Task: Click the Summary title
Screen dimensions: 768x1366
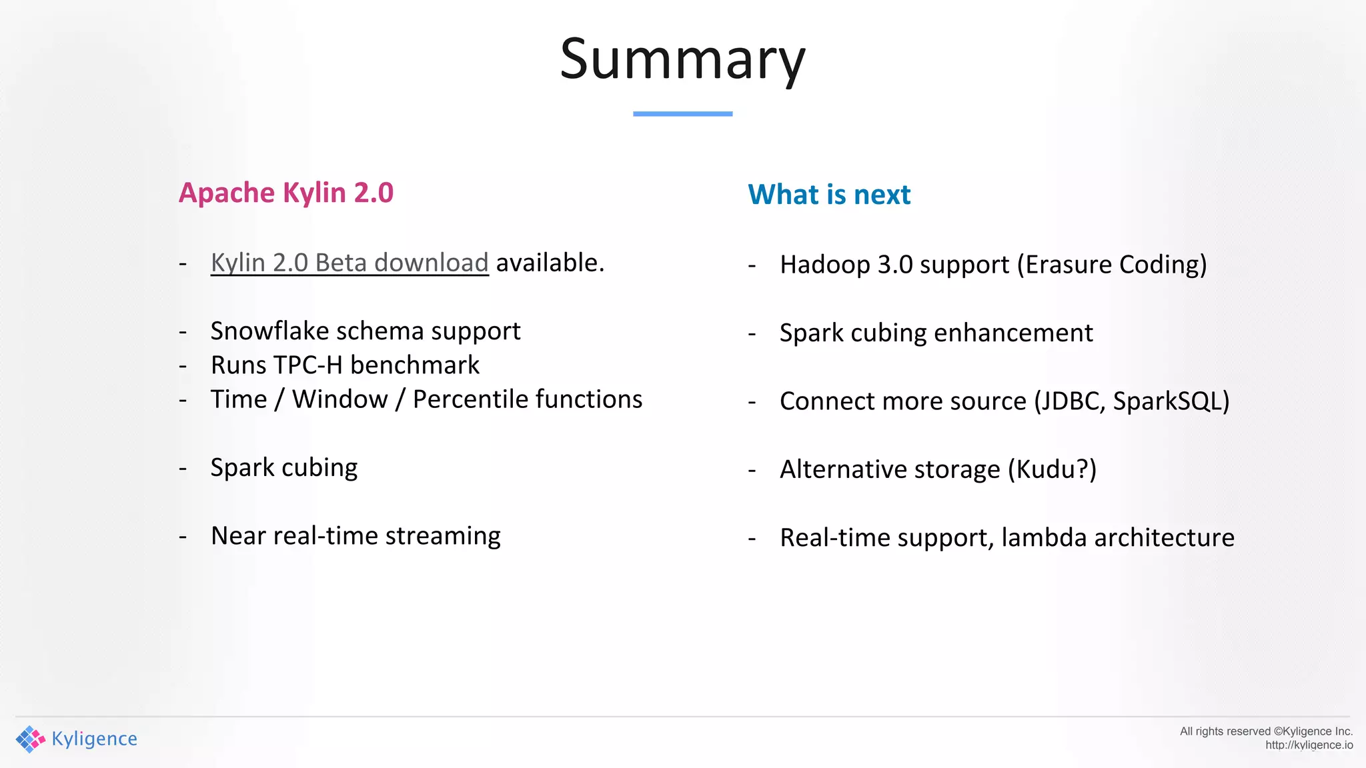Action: tap(682, 60)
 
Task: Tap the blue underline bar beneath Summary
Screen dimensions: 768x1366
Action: tap(682, 114)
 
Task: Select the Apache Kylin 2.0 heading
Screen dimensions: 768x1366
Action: tap(286, 193)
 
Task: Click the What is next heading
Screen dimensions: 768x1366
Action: tap(829, 195)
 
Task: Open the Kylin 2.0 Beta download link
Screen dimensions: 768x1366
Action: tap(350, 263)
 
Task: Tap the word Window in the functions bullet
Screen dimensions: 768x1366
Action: tap(339, 399)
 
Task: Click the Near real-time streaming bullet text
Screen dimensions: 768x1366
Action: tap(356, 536)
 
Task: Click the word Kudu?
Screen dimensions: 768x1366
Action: tap(1052, 469)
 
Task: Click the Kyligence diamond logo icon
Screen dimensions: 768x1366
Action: tap(30, 739)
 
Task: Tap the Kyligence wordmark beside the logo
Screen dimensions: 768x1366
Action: tap(94, 739)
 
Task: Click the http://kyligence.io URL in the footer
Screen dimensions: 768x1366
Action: tap(1309, 745)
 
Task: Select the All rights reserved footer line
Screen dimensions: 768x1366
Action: tap(1265, 731)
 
